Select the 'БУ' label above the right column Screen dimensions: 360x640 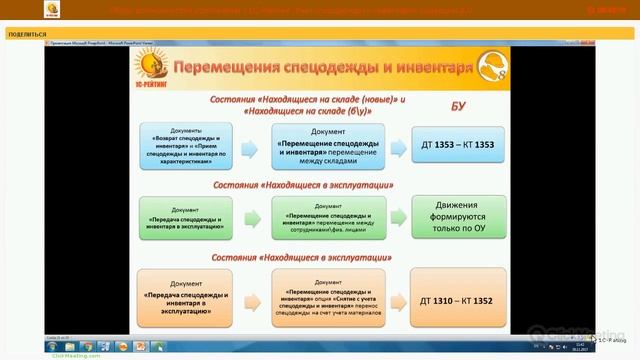(458, 104)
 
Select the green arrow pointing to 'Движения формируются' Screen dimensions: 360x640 (391, 218)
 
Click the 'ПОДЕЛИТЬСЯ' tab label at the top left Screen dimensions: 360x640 (27, 34)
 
